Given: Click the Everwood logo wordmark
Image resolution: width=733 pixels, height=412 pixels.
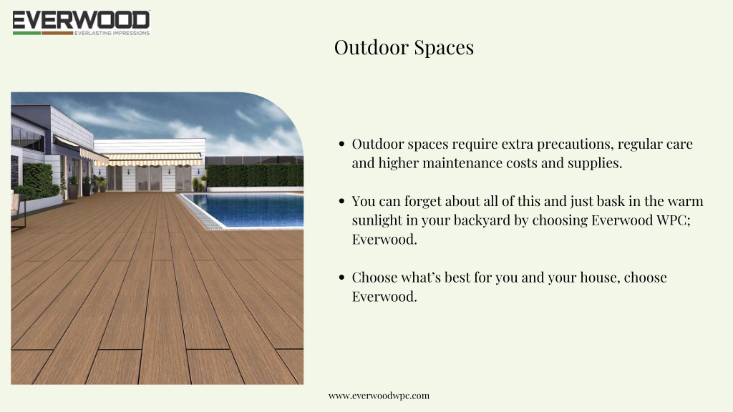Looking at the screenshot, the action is coord(82,21).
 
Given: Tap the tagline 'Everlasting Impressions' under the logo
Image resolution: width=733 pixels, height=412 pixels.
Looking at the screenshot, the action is coord(112,33).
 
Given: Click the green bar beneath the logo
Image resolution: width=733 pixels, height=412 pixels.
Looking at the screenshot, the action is coord(26,33).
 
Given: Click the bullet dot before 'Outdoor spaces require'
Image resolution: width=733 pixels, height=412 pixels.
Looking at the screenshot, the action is coord(341,144).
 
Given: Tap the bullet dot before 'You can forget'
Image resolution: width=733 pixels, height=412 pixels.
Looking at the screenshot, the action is coord(341,201).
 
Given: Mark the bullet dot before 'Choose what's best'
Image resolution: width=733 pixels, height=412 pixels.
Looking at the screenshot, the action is coord(341,278).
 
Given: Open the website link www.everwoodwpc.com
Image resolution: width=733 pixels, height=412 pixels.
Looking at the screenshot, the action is coord(379,396).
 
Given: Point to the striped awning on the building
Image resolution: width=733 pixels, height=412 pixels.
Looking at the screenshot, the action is coord(152,160).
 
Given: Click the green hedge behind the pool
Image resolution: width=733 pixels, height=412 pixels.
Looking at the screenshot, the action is coord(255,176).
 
